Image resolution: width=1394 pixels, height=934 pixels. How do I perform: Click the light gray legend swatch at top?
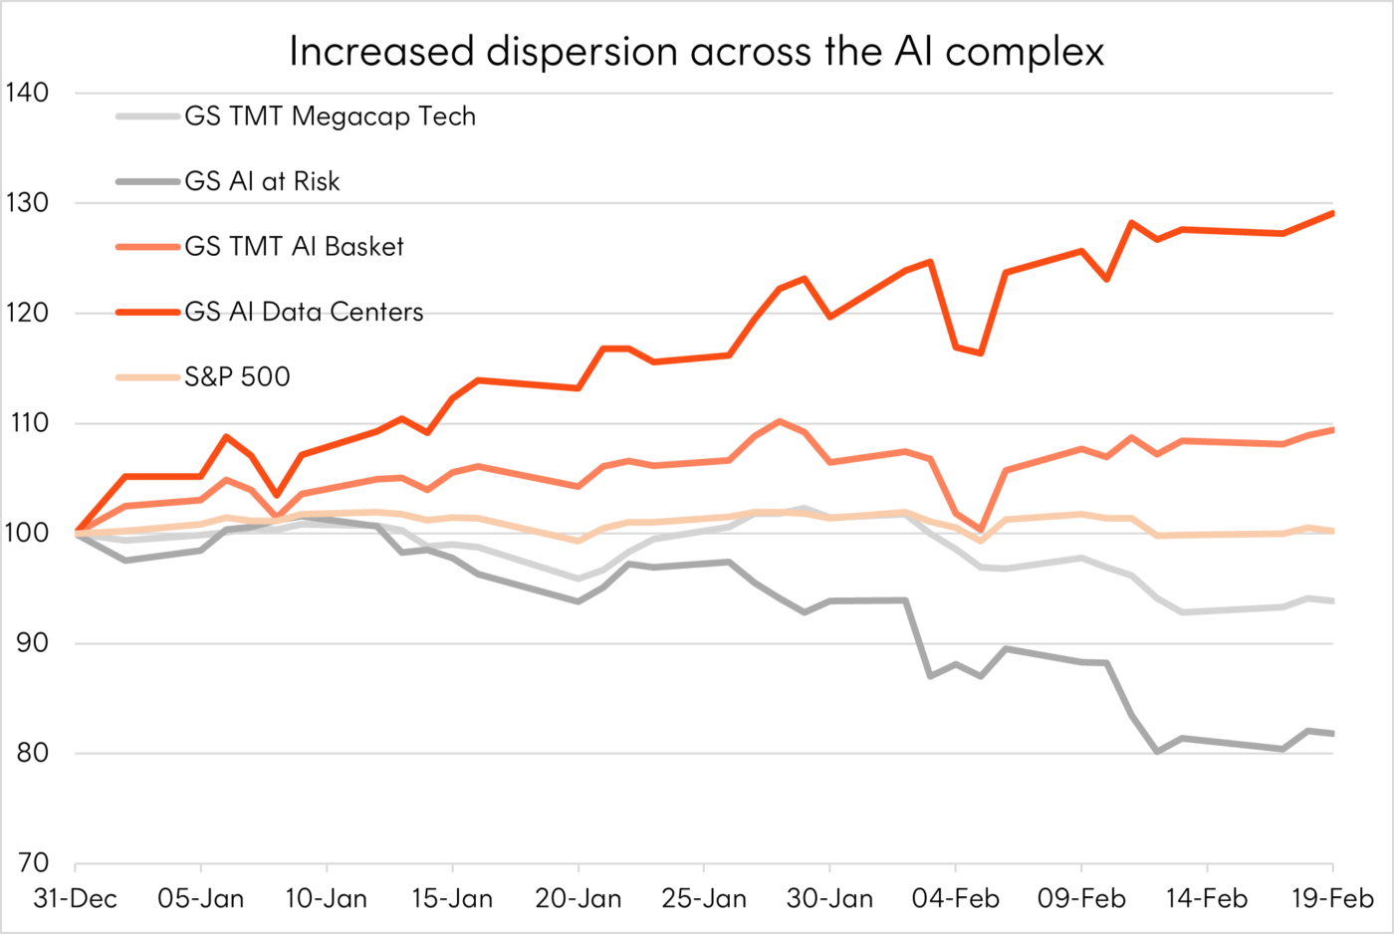[x=147, y=117]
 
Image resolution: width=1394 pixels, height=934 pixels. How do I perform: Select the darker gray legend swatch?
[x=147, y=181]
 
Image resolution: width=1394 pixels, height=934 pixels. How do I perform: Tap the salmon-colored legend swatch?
[x=147, y=247]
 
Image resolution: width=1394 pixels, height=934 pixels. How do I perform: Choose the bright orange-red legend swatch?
[x=147, y=312]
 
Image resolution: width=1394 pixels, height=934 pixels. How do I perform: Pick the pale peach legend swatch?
[x=147, y=377]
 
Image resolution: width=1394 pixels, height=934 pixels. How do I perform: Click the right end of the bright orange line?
[x=1332, y=213]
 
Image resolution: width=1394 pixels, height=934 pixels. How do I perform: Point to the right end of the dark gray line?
[x=1332, y=734]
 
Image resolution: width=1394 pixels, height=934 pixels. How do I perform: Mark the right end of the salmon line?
[x=1332, y=430]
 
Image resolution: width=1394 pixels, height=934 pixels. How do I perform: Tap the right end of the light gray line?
[x=1332, y=601]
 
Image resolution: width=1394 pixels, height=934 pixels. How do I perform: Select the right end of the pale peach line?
[x=1332, y=531]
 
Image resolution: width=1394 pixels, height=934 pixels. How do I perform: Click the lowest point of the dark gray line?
[x=1157, y=752]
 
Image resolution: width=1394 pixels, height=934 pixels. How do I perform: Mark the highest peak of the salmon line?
[x=779, y=421]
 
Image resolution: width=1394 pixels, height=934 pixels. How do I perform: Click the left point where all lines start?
[x=76, y=534]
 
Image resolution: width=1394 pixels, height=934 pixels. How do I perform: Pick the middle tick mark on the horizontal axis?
[x=704, y=868]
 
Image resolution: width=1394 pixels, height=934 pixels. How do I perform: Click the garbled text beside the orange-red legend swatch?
[x=304, y=313]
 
